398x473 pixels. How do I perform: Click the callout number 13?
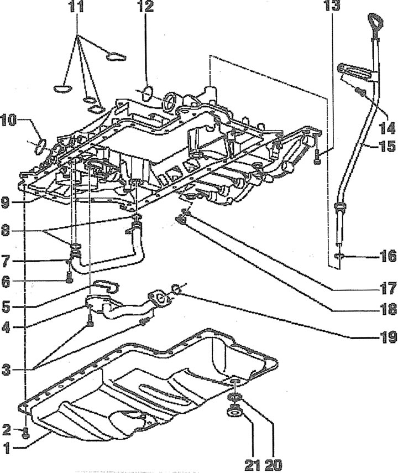332,6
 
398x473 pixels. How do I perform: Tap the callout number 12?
145,6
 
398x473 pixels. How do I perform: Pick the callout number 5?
6,307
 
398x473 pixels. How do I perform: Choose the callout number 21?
253,465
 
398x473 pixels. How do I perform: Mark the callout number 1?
7,448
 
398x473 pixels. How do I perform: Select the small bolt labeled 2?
26,433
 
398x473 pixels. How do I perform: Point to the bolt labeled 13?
317,157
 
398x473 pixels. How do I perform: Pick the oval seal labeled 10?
41,146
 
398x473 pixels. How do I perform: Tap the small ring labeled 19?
176,289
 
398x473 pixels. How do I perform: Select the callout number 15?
386,146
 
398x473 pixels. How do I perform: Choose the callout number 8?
6,232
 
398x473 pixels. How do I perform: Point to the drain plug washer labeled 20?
234,398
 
